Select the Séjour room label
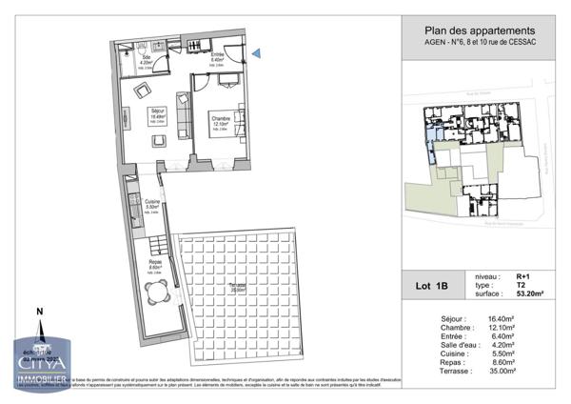(x=158, y=112)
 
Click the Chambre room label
(x=221, y=120)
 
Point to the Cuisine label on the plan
(x=151, y=203)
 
